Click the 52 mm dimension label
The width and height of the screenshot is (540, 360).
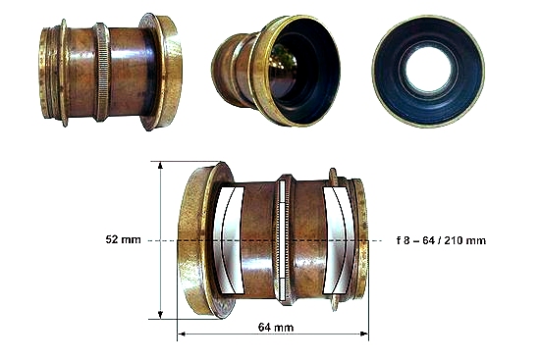point(123,239)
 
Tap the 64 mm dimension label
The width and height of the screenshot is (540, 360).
point(276,327)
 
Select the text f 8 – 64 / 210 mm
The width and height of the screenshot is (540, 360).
point(441,240)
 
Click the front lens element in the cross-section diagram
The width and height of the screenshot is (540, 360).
point(229,240)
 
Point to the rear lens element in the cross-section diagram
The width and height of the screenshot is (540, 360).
point(340,240)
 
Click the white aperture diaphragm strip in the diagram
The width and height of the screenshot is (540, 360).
point(283,240)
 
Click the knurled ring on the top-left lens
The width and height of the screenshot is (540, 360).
point(102,73)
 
